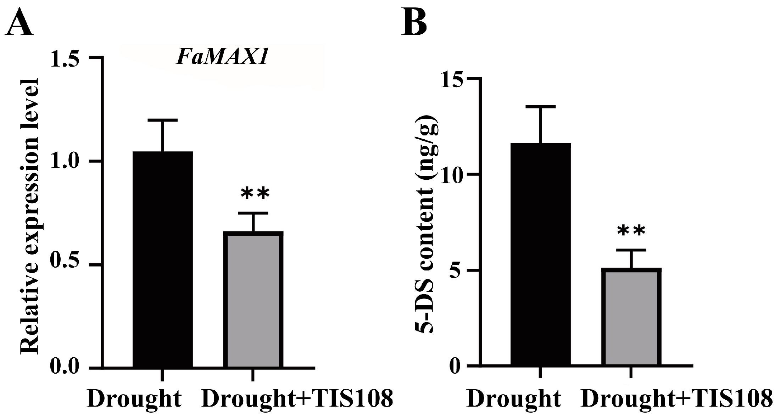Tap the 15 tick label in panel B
pos(455,78)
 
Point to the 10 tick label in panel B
pos(455,174)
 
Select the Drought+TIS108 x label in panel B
pos(676,399)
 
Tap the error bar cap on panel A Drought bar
pos(163,121)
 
